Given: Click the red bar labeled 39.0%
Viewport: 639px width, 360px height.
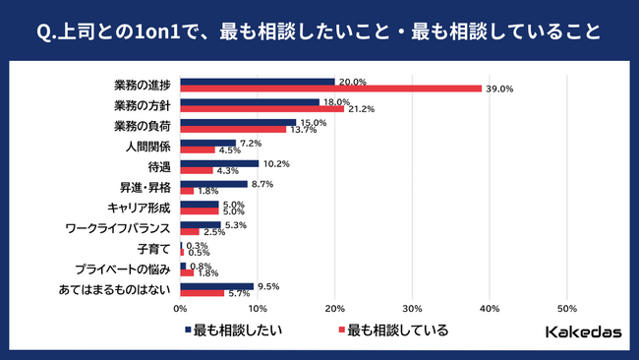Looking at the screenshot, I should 330,89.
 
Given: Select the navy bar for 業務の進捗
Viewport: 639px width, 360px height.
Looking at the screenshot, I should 257,82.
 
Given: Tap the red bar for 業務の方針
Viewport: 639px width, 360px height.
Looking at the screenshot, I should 261,109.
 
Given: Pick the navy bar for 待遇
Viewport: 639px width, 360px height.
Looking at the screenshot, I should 219,163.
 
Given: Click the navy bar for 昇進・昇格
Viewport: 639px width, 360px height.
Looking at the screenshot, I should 213,184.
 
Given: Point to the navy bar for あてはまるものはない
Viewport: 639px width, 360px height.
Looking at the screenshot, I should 216,286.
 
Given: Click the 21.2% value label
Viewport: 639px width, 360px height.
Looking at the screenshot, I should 359,109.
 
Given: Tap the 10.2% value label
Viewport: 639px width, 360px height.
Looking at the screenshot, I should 276,163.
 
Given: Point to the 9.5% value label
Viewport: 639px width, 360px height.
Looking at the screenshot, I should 268,286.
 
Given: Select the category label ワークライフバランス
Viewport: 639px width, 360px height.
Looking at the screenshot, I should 117,228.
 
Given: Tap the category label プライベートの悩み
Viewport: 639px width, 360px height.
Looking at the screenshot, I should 123,270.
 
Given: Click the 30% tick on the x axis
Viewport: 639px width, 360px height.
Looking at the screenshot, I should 412,308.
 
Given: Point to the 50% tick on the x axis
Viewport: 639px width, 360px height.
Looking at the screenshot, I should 566,308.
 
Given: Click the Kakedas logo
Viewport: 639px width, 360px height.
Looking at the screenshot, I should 582,331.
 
